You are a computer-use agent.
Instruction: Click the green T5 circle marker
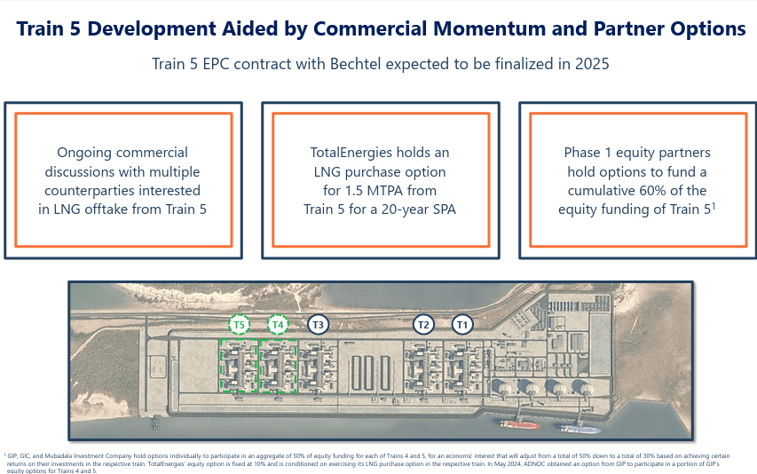tap(239, 324)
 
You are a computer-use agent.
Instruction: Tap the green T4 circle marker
tap(278, 324)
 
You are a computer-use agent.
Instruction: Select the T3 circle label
tap(318, 324)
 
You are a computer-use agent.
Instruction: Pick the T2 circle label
tap(423, 324)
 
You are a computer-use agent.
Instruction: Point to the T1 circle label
tap(462, 324)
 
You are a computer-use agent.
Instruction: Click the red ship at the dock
tap(519, 425)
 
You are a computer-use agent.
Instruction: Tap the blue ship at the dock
tap(578, 428)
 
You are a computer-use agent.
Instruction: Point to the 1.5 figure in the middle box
tap(353, 191)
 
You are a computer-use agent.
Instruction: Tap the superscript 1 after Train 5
tap(714, 206)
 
